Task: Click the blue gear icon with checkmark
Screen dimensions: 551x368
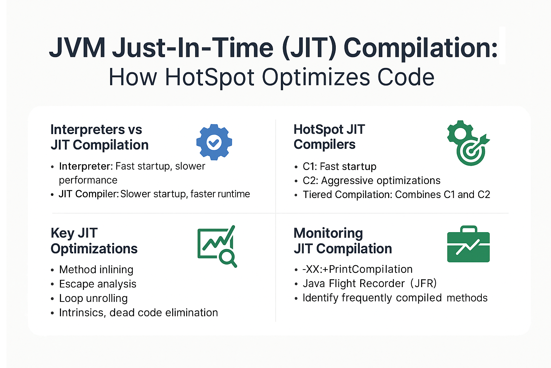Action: [214, 142]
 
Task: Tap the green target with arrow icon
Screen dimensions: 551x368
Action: [468, 143]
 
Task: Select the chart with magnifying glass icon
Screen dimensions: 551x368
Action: [217, 246]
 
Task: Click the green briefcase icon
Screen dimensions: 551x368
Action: [468, 244]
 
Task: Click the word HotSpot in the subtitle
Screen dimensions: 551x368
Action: [209, 77]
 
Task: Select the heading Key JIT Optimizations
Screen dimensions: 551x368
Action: [94, 241]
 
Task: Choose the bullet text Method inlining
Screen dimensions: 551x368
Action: [96, 270]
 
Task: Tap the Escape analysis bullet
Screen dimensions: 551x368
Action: [98, 284]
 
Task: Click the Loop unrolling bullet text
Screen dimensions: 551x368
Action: [94, 298]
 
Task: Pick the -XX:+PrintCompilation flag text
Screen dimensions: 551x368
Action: [357, 269]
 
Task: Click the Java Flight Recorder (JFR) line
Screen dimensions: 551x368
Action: [370, 284]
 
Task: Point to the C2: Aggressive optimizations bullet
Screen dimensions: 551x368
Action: [371, 181]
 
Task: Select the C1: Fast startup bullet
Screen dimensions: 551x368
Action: [339, 167]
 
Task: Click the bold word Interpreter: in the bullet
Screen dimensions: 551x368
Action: [86, 166]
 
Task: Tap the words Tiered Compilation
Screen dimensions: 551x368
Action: [347, 195]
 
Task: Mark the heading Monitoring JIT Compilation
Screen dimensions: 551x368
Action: [343, 241]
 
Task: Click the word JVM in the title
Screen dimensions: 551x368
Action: [77, 47]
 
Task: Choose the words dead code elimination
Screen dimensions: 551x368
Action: [164, 313]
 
